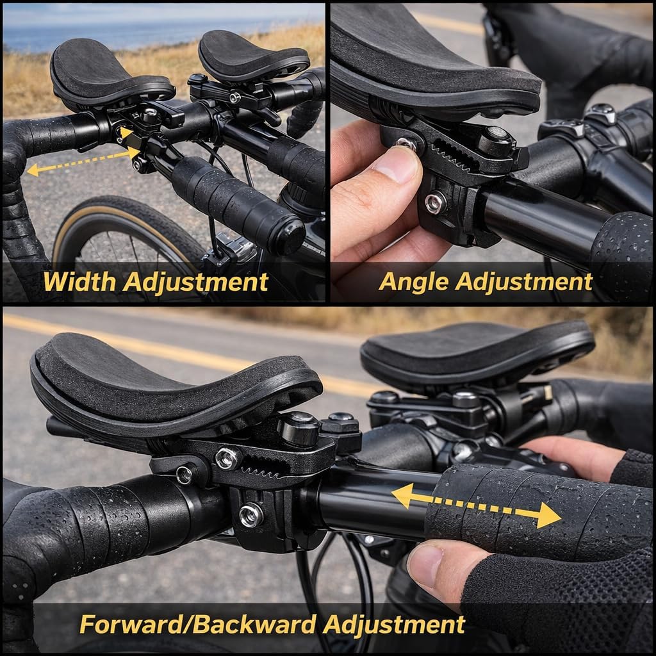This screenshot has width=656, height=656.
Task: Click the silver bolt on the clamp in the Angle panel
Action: [436, 203]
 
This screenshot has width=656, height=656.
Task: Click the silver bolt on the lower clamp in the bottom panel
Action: [250, 514]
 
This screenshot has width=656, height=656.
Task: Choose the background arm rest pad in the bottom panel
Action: [474, 349]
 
